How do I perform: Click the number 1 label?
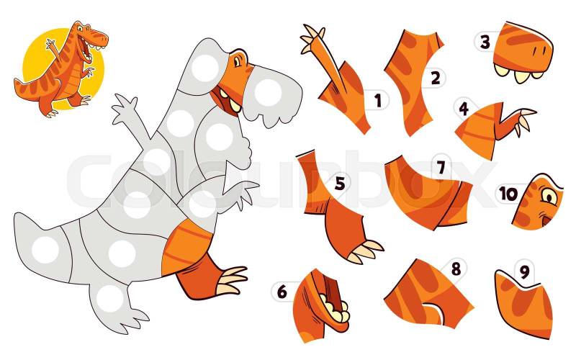pyautogui.click(x=378, y=101)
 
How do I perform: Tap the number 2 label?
pyautogui.click(x=436, y=78)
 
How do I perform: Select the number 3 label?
pyautogui.click(x=485, y=42)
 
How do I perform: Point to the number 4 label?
pyautogui.click(x=464, y=109)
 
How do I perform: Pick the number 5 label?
pyautogui.click(x=340, y=184)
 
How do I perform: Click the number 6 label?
pyautogui.click(x=282, y=292)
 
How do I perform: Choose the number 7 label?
pyautogui.click(x=441, y=168)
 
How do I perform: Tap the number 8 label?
pyautogui.click(x=456, y=269)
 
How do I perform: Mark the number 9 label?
pyautogui.click(x=524, y=272)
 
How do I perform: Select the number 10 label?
pyautogui.click(x=508, y=194)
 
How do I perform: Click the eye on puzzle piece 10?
pyautogui.click(x=549, y=196)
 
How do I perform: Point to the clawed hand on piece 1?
pyautogui.click(x=312, y=38)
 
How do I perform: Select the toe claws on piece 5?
pyautogui.click(x=366, y=251)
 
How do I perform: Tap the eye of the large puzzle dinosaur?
pyautogui.click(x=237, y=61)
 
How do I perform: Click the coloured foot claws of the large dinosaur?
pyautogui.click(x=232, y=281)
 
